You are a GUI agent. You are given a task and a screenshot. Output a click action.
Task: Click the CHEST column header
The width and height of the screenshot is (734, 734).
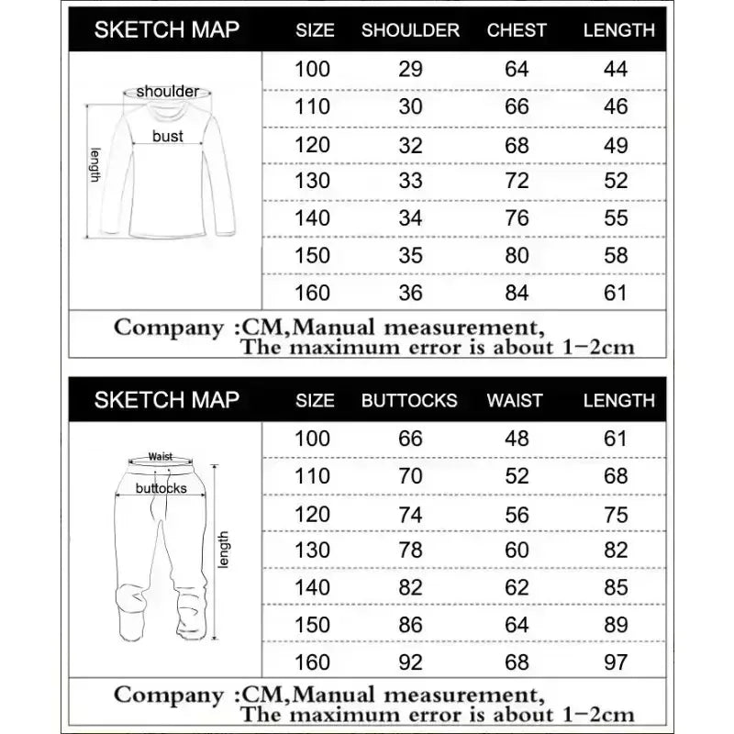pyautogui.click(x=517, y=29)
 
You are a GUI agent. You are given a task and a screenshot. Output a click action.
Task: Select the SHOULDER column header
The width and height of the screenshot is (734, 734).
pyautogui.click(x=410, y=29)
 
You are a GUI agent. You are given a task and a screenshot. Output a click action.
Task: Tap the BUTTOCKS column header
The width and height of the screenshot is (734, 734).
pyautogui.click(x=409, y=400)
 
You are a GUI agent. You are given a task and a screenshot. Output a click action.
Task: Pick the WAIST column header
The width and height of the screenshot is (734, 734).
pyautogui.click(x=515, y=400)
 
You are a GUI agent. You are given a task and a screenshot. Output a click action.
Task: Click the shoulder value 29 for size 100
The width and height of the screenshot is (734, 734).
pyautogui.click(x=410, y=69)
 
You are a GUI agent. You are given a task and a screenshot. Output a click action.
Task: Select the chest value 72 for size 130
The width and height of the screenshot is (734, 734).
pyautogui.click(x=517, y=181)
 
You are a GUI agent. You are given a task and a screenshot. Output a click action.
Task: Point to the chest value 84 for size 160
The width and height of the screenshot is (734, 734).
pyautogui.click(x=517, y=293)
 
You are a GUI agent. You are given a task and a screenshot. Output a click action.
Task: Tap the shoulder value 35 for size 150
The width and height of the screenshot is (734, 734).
pyautogui.click(x=410, y=255)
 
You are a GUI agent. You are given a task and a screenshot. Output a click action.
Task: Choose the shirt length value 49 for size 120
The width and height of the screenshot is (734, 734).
pyautogui.click(x=617, y=144)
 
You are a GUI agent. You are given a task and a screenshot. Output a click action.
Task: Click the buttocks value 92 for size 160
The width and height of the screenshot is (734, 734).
pyautogui.click(x=410, y=662)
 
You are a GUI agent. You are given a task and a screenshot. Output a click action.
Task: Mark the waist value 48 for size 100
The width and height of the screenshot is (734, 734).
pyautogui.click(x=517, y=439)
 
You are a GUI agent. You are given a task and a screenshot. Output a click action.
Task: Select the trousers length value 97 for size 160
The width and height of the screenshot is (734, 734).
pyautogui.click(x=617, y=662)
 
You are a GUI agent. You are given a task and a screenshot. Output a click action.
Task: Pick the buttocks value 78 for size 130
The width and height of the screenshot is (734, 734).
pyautogui.click(x=410, y=550)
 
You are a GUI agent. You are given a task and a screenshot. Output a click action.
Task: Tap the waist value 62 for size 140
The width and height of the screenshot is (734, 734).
pyautogui.click(x=517, y=587)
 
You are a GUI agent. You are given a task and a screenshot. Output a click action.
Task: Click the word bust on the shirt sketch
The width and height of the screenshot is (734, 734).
pyautogui.click(x=168, y=136)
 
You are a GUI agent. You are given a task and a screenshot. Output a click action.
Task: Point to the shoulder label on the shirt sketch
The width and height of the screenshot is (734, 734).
pyautogui.click(x=168, y=91)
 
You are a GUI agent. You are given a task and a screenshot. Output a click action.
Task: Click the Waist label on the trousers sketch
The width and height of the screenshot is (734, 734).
pyautogui.click(x=161, y=456)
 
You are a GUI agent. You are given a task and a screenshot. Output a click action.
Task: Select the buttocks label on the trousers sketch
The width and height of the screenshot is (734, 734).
pyautogui.click(x=161, y=488)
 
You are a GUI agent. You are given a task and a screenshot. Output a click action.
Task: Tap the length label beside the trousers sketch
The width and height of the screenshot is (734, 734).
pyautogui.click(x=224, y=549)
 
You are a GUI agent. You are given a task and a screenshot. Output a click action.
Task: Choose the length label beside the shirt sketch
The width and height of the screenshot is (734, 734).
pyautogui.click(x=94, y=165)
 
